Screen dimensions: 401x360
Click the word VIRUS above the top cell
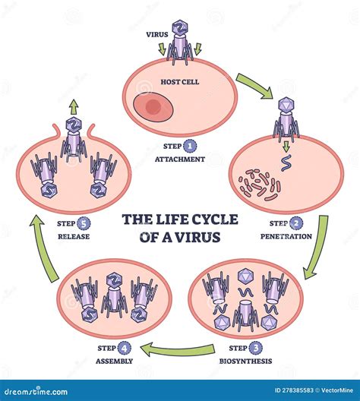click(157, 34)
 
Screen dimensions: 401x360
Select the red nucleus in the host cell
click(153, 108)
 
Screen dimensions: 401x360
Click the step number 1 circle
click(190, 146)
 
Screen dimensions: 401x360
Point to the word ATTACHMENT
click(179, 159)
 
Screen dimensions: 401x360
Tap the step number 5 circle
click(84, 223)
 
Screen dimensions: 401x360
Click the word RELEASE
click(73, 236)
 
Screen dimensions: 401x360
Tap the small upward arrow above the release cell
click(73, 106)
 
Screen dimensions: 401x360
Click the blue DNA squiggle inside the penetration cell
click(286, 162)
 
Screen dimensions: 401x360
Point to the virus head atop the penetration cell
click(286, 103)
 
